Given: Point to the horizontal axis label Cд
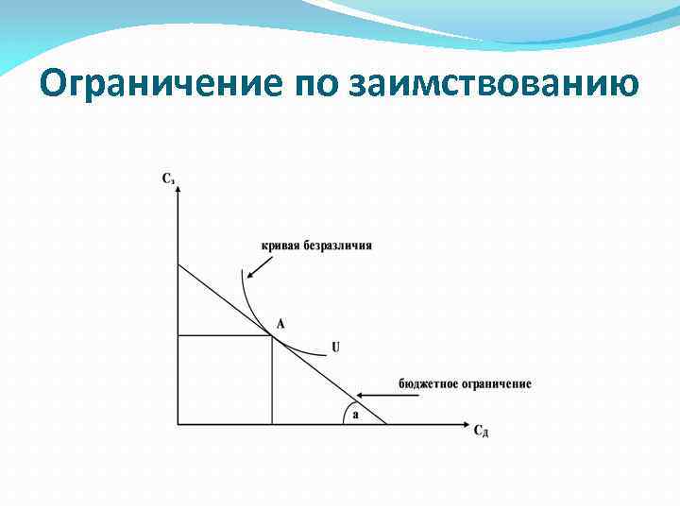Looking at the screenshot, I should [x=481, y=432].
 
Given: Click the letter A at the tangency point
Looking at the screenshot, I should [x=280, y=323].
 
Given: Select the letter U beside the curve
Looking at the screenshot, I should [x=335, y=348].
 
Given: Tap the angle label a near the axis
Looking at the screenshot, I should [x=355, y=414].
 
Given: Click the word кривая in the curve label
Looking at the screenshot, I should [x=280, y=246].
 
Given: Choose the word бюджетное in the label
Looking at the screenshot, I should [x=429, y=383].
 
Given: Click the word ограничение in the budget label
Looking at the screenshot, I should [x=497, y=383].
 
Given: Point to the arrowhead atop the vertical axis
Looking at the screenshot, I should [x=178, y=185].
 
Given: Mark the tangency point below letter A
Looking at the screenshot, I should [x=273, y=334].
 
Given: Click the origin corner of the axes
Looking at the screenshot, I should [x=178, y=424].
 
